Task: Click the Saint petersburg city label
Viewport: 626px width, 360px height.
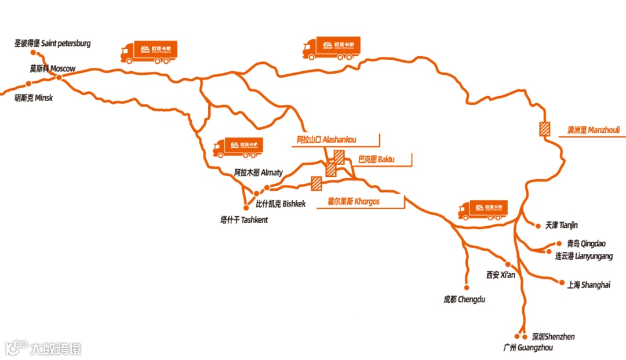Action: click(53, 43)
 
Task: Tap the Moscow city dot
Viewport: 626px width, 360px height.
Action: click(59, 78)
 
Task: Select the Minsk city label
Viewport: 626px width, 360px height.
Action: click(34, 98)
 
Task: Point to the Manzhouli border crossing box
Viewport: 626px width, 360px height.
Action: click(544, 129)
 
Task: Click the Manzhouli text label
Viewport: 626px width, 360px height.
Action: click(593, 130)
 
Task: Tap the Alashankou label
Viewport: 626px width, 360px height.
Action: click(326, 140)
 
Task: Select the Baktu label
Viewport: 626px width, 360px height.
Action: click(376, 158)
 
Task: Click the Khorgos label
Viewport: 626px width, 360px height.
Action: click(354, 202)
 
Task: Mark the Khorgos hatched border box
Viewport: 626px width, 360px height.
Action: click(316, 183)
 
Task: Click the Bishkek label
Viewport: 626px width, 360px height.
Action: click(281, 204)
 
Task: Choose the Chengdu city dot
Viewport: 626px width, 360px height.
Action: click(466, 286)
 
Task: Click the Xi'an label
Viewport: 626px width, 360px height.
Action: click(501, 275)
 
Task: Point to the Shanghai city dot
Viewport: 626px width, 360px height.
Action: click(561, 281)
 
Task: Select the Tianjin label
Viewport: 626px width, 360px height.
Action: click(562, 225)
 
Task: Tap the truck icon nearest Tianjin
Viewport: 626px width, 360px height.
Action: click(482, 210)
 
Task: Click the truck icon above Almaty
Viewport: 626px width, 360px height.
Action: click(238, 147)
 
